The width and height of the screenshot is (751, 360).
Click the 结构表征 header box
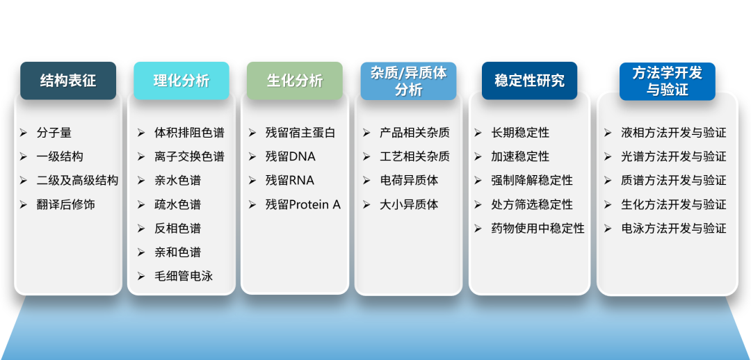click(x=68, y=81)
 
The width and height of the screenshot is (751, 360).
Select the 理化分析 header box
click(x=181, y=81)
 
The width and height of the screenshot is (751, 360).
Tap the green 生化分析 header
click(x=295, y=81)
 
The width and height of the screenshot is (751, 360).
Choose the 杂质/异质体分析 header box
click(x=408, y=81)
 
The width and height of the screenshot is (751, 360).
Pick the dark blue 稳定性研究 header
click(x=529, y=81)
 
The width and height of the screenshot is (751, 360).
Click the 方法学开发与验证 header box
click(x=667, y=81)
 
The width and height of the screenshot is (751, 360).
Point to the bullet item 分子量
click(x=54, y=133)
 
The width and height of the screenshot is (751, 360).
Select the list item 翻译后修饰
click(x=66, y=204)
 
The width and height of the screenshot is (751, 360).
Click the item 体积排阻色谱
click(x=189, y=133)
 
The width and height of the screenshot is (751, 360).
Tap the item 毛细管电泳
click(x=184, y=276)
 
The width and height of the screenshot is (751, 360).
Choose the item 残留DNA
click(x=291, y=156)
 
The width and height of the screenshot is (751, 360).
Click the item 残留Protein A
click(x=303, y=204)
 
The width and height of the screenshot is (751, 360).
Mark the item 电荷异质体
click(x=409, y=180)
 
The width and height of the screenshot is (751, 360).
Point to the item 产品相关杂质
click(x=414, y=133)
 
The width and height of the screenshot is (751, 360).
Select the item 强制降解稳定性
click(x=532, y=180)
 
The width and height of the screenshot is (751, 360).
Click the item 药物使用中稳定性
click(x=538, y=228)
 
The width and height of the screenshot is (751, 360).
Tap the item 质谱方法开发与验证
click(x=673, y=180)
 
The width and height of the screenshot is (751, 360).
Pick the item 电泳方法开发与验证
click(x=673, y=228)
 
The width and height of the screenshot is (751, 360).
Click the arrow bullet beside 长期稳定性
click(x=478, y=133)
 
